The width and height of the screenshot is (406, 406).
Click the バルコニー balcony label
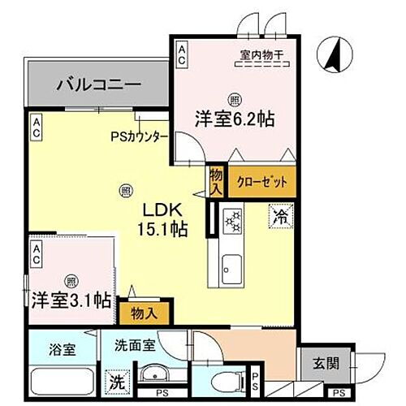99,84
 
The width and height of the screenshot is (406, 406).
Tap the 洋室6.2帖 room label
233,118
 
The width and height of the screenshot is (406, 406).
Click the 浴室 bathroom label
61,350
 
